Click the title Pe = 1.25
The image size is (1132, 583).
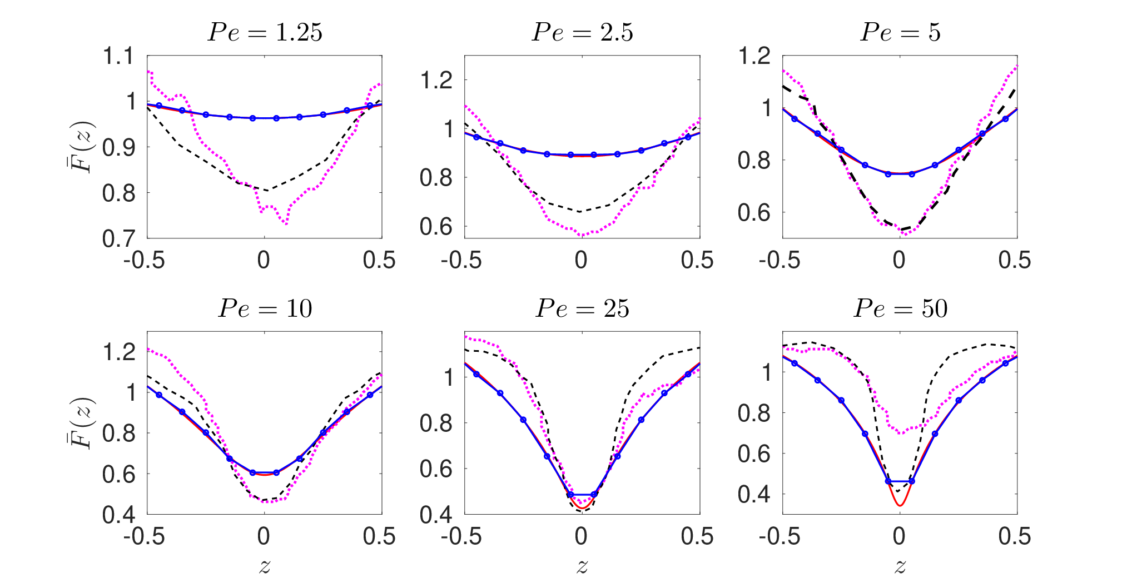265,32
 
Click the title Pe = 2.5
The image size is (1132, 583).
582,32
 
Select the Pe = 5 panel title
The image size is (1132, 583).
900,32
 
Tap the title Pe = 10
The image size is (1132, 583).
265,308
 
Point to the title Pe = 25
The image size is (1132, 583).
582,308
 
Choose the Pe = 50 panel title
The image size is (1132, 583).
900,308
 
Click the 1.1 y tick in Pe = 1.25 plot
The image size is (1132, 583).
118,56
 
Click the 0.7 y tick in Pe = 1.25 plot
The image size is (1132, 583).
118,238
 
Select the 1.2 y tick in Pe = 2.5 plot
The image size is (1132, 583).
436,80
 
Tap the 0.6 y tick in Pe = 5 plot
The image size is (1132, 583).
754,212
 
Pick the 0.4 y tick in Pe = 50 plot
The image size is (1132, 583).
754,494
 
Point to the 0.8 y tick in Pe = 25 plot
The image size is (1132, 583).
436,423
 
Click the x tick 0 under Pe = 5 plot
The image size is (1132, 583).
899,260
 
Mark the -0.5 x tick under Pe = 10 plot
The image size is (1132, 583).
144,536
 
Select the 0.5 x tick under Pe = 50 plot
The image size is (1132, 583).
1015,536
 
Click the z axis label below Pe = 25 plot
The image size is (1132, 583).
582,566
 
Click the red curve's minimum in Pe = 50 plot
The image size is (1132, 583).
900,505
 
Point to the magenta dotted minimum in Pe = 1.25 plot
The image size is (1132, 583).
286,223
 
